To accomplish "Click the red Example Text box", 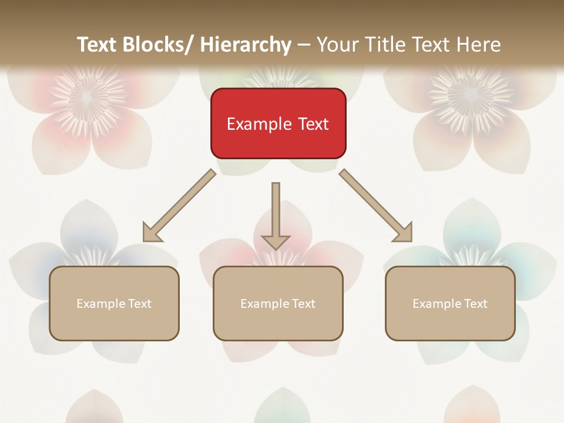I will point(278,123).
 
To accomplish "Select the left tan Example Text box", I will point(114,303).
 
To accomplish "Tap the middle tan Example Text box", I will point(278,303).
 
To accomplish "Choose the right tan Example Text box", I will point(450,303).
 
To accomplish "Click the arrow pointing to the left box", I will point(179,206).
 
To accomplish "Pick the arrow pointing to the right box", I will point(376,206).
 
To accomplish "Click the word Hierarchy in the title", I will point(246,45).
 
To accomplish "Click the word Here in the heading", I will point(479,45).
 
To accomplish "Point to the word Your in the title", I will point(338,45).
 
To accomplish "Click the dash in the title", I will point(304,45).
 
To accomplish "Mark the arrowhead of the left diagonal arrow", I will point(152,233).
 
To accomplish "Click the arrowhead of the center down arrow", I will point(276,241).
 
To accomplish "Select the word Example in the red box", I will point(257,124).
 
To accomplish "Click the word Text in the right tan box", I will point(475,303).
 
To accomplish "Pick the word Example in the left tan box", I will point(100,303).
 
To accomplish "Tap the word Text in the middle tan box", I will point(303,303).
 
